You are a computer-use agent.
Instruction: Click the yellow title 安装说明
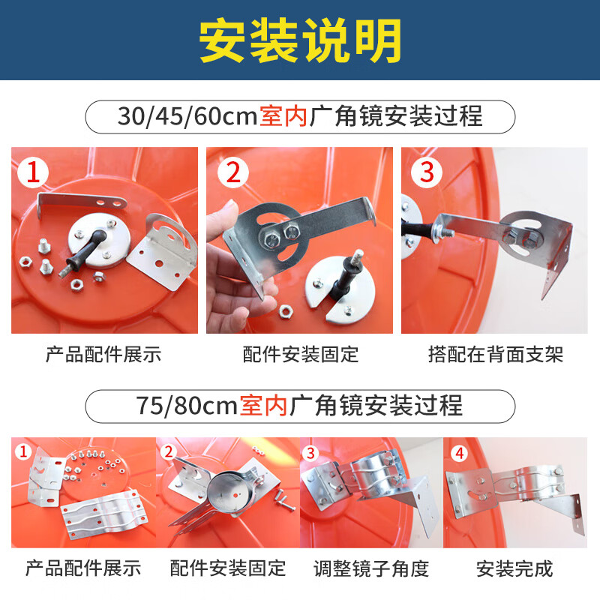tap(300, 38)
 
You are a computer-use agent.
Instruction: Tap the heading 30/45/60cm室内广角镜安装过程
tap(300, 117)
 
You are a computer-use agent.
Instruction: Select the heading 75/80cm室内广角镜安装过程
tap(300, 406)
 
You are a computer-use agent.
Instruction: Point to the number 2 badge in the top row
tap(232, 174)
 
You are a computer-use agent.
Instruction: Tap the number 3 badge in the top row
tap(426, 172)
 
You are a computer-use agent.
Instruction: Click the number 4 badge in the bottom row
tap(459, 452)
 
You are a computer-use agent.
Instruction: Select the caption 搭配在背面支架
tap(495, 354)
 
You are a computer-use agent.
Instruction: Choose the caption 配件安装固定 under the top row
tap(301, 354)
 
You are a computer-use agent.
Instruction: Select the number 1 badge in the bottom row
tap(23, 452)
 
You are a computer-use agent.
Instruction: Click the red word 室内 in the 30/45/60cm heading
tap(283, 117)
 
